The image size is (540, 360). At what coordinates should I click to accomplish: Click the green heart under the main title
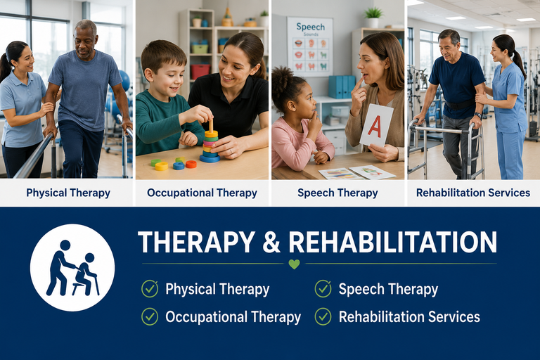(x=294, y=264)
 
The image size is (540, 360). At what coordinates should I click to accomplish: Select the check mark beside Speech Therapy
(x=323, y=288)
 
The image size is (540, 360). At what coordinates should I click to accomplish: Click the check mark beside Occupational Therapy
(x=150, y=316)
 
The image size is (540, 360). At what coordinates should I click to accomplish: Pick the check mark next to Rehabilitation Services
(x=323, y=316)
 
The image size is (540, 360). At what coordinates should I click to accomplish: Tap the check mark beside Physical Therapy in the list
(x=150, y=288)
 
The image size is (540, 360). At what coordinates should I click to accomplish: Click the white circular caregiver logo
(x=72, y=268)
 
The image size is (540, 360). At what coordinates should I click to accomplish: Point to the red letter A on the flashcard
(x=374, y=126)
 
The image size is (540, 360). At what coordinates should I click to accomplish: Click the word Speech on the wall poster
(x=310, y=27)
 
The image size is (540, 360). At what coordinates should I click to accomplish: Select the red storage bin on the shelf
(x=200, y=71)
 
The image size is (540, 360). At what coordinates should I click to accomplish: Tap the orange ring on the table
(x=191, y=164)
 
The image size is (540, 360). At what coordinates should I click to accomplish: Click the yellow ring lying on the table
(x=161, y=166)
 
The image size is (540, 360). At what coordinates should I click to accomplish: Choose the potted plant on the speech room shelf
(x=373, y=17)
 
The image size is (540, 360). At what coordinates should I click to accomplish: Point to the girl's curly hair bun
(x=282, y=79)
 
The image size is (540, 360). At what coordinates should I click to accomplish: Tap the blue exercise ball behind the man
(x=124, y=81)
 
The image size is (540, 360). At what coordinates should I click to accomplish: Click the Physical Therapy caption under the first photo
(x=68, y=193)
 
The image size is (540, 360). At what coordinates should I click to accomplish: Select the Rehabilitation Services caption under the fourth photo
(x=473, y=193)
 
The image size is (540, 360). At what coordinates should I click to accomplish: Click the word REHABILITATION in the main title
(x=392, y=242)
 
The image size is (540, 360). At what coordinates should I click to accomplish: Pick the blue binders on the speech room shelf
(x=342, y=86)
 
